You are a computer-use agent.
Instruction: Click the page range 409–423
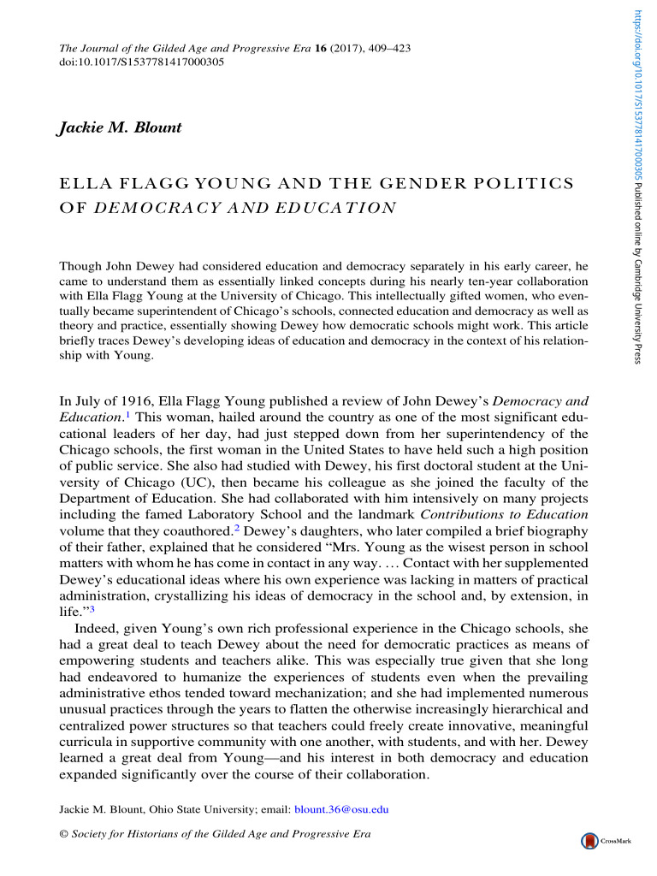pyautogui.click(x=384, y=49)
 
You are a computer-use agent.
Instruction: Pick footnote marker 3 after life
pyautogui.click(x=91, y=607)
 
